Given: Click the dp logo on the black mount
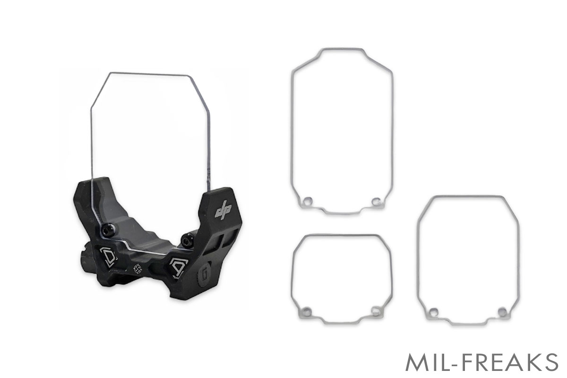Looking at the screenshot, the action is point(223,210).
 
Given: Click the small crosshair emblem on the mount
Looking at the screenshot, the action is point(137,269).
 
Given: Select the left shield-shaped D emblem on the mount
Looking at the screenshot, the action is point(109,257).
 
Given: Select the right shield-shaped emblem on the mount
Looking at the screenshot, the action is point(179,268).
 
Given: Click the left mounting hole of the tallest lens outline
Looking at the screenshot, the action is point(308,202).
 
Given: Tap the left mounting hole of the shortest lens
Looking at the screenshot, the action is point(307,310).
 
